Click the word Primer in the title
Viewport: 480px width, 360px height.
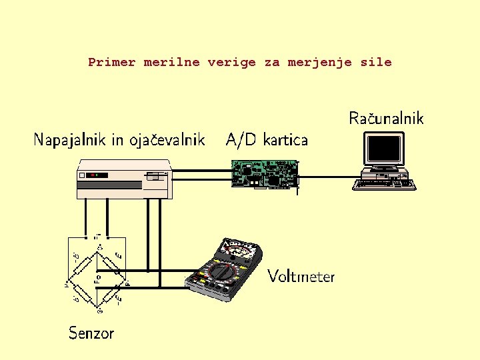pyautogui.click(x=111, y=63)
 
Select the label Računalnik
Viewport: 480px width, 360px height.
pyautogui.click(x=386, y=119)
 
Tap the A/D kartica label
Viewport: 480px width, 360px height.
pyautogui.click(x=267, y=139)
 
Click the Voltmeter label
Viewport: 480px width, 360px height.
pyautogui.click(x=301, y=276)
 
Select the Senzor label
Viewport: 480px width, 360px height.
pyautogui.click(x=91, y=333)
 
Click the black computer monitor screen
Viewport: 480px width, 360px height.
pyautogui.click(x=383, y=149)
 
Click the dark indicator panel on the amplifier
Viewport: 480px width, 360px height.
pyautogui.click(x=97, y=175)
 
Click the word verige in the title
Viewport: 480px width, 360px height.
pyautogui.click(x=231, y=63)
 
